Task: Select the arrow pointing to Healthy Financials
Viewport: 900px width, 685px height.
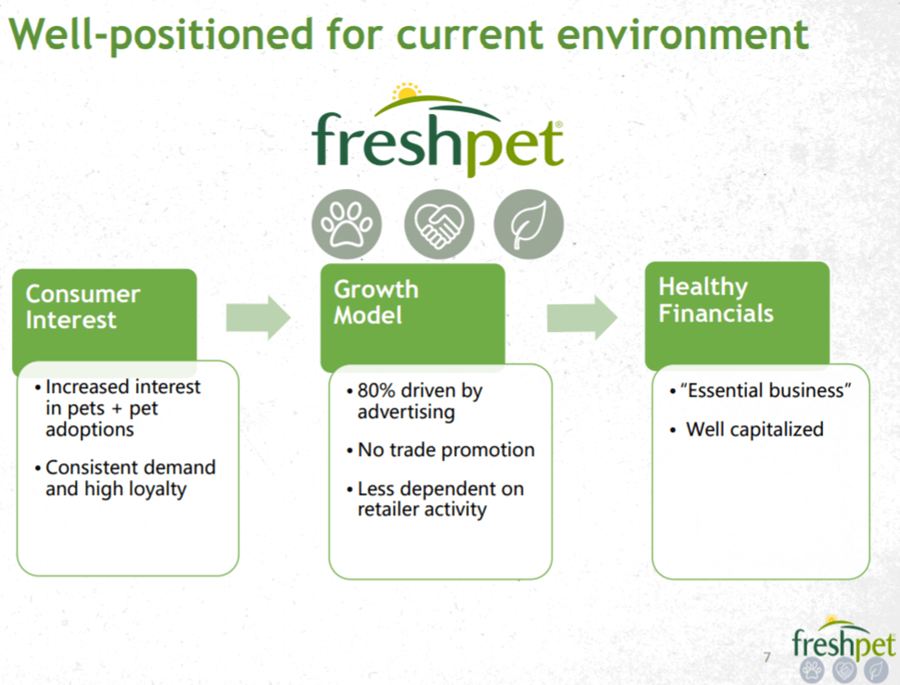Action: tap(581, 317)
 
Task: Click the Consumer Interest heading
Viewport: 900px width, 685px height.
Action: tap(82, 307)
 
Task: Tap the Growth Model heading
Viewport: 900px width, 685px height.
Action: tap(375, 302)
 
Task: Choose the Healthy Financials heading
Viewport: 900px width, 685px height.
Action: tap(715, 300)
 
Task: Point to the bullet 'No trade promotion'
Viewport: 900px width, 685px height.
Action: tap(446, 450)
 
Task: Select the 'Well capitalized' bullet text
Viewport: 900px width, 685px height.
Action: tap(754, 429)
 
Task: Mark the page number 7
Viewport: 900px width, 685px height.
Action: tap(766, 658)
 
